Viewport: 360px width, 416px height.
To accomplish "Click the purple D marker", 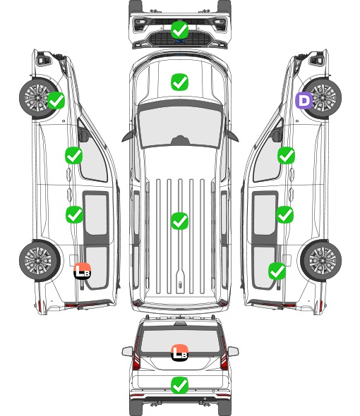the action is point(304,100).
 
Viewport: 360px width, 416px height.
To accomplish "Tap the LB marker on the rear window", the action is point(179,353).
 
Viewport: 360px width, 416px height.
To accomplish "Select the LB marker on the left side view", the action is point(83,271).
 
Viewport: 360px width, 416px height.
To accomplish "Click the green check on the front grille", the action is point(179,30).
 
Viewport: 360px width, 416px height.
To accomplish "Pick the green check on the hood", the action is point(179,82).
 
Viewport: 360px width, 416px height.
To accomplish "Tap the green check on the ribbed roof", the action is point(179,221).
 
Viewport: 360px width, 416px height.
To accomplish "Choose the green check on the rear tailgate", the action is point(179,385).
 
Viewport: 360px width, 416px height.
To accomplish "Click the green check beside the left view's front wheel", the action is point(56,100).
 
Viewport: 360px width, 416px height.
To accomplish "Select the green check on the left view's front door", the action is point(74,155).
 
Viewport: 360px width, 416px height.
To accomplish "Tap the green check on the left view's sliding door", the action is point(74,214).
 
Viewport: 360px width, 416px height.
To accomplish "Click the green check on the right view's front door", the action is point(286,155).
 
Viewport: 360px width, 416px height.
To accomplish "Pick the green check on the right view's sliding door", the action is point(284,214).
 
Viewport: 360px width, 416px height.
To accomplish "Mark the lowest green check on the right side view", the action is point(277,271).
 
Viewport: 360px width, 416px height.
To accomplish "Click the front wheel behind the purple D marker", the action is point(322,98).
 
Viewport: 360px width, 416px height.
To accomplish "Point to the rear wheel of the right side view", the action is point(321,261).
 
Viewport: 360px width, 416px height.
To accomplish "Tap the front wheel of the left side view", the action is point(39,98).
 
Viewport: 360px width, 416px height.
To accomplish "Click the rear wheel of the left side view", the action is point(40,261).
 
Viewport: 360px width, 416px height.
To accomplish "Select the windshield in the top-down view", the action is point(180,127).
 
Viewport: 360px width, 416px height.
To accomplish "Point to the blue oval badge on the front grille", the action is point(180,41).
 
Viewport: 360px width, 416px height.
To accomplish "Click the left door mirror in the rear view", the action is point(127,351).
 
